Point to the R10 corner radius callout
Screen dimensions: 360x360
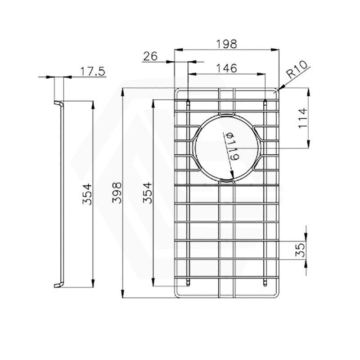(297, 72)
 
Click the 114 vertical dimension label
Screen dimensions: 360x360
(302, 118)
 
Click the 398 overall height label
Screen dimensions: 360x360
(117, 193)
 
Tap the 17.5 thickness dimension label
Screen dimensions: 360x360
(93, 71)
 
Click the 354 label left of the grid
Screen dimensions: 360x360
(147, 193)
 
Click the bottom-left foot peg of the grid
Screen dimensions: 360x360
(187, 283)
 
